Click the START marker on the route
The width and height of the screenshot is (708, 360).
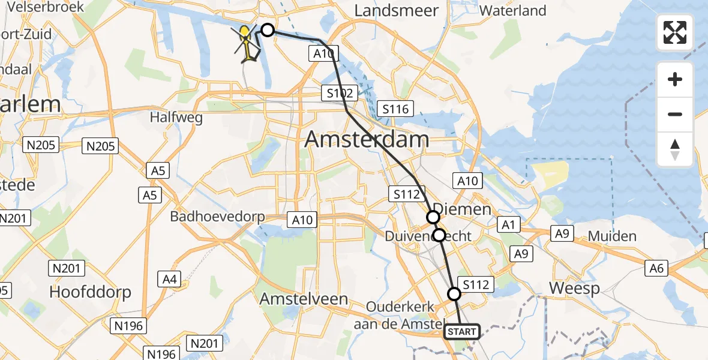point(462,332)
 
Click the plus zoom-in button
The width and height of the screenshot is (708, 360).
point(675,79)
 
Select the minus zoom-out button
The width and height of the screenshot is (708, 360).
point(675,114)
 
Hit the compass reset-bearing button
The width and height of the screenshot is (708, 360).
point(675,149)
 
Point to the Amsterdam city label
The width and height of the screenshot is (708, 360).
point(367,140)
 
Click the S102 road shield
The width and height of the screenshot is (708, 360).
point(339,93)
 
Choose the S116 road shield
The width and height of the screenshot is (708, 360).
point(395,109)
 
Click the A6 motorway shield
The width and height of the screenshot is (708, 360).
point(657,268)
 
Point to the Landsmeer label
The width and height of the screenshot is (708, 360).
point(397,11)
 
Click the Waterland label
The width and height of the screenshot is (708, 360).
point(513,11)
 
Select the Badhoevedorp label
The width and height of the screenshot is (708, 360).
point(217,217)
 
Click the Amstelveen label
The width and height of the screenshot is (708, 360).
point(304,299)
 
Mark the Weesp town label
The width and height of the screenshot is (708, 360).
point(575,289)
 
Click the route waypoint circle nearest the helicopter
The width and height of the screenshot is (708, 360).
point(267,30)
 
